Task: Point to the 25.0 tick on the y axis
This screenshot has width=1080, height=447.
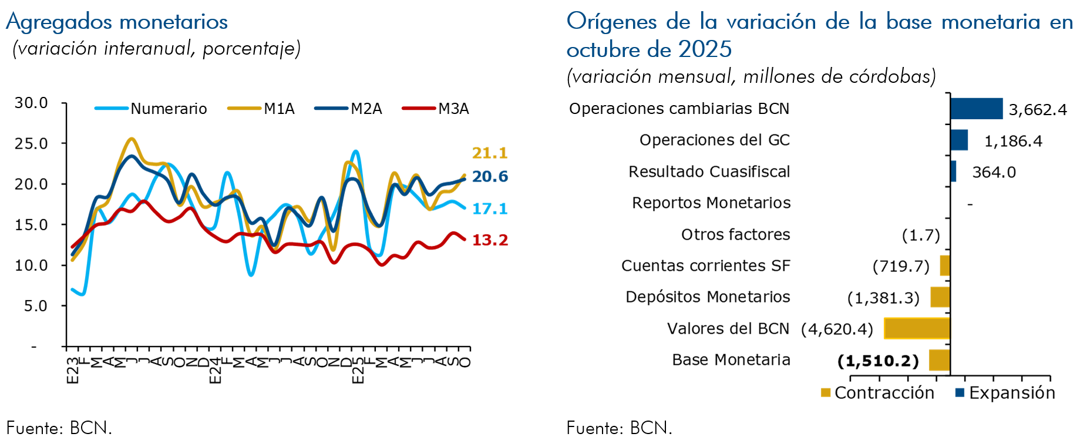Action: [x=31, y=143]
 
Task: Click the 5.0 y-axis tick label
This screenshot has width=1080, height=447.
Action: [x=35, y=306]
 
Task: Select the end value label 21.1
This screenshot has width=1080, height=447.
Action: [x=489, y=153]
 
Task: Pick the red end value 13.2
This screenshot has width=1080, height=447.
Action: [x=490, y=240]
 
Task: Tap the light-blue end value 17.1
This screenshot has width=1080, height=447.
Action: [x=490, y=209]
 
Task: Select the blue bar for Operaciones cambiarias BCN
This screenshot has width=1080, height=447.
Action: [x=976, y=109]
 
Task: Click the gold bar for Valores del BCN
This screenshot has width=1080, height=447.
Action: [x=917, y=328]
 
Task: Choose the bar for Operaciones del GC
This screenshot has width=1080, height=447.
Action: [x=958, y=140]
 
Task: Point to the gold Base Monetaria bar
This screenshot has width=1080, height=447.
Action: [x=939, y=360]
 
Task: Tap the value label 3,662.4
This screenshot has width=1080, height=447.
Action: [x=1037, y=110]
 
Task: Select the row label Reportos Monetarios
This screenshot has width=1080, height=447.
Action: [x=711, y=203]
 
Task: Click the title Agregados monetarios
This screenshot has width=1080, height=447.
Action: [x=117, y=22]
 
